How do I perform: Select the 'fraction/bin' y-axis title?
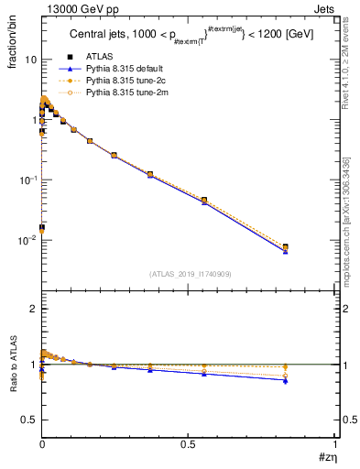pyautogui.click(x=19, y=40)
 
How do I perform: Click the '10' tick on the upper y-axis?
pyautogui.click(x=31, y=60)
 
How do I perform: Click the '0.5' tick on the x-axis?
pyautogui.click(x=189, y=442)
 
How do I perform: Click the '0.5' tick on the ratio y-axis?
pyautogui.click(x=30, y=420)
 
